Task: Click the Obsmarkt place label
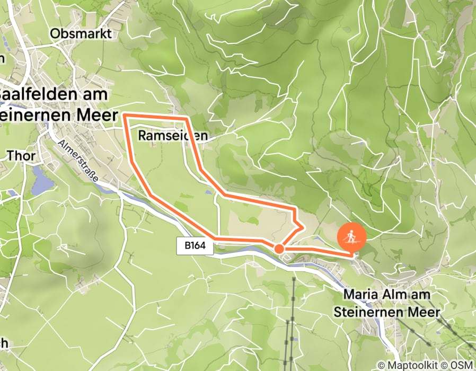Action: pyautogui.click(x=81, y=34)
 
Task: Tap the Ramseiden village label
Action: pyautogui.click(x=172, y=136)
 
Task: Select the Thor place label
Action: pyautogui.click(x=21, y=155)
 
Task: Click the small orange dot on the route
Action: pyautogui.click(x=278, y=248)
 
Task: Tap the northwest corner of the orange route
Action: pyautogui.click(x=125, y=114)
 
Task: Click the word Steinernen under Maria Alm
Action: pyautogui.click(x=369, y=312)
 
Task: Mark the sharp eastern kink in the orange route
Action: pyautogui.click(x=302, y=227)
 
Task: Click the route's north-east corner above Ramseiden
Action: pyautogui.click(x=187, y=117)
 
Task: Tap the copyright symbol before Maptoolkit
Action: pyautogui.click(x=382, y=365)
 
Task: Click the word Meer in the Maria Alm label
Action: pyautogui.click(x=424, y=312)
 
